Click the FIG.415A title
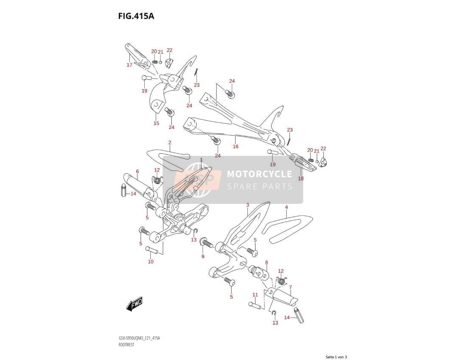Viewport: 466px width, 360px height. pos(136,16)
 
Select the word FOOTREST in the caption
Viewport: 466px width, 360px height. pos(126,345)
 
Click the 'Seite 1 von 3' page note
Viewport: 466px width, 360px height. pos(336,357)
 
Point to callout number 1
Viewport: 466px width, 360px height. pos(201,160)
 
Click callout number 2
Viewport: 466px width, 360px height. pos(170,143)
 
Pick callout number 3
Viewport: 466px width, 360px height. pos(247,205)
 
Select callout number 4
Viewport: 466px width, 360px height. pos(286,207)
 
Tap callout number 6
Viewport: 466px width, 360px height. pos(138,171)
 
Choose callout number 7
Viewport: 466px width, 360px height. pos(290,287)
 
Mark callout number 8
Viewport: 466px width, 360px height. pos(267,262)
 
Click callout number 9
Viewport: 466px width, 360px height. pos(203,256)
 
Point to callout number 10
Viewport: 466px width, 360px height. pos(151,262)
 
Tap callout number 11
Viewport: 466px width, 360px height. pos(255,295)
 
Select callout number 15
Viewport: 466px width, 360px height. pos(156,123)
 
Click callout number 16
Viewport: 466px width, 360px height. pos(236,146)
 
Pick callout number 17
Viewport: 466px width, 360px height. pos(129,65)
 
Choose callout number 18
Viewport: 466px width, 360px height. pos(301,178)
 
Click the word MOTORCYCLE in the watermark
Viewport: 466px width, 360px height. pos(259,174)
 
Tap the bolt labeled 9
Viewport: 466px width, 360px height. pos(206,242)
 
